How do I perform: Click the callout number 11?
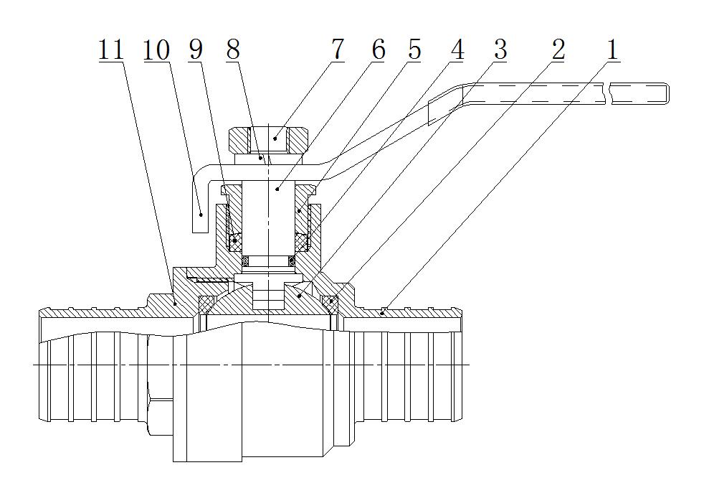tap(111, 50)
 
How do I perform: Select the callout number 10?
tap(156, 50)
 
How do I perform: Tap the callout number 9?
tap(195, 50)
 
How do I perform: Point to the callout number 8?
tap(232, 50)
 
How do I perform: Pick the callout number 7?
tap(337, 50)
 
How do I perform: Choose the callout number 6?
tap(378, 50)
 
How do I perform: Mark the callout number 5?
tap(414, 50)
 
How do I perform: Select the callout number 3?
tap(500, 50)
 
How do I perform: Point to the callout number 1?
tap(612, 50)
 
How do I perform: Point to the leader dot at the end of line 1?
tap(384, 311)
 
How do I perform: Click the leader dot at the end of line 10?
tap(201, 213)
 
